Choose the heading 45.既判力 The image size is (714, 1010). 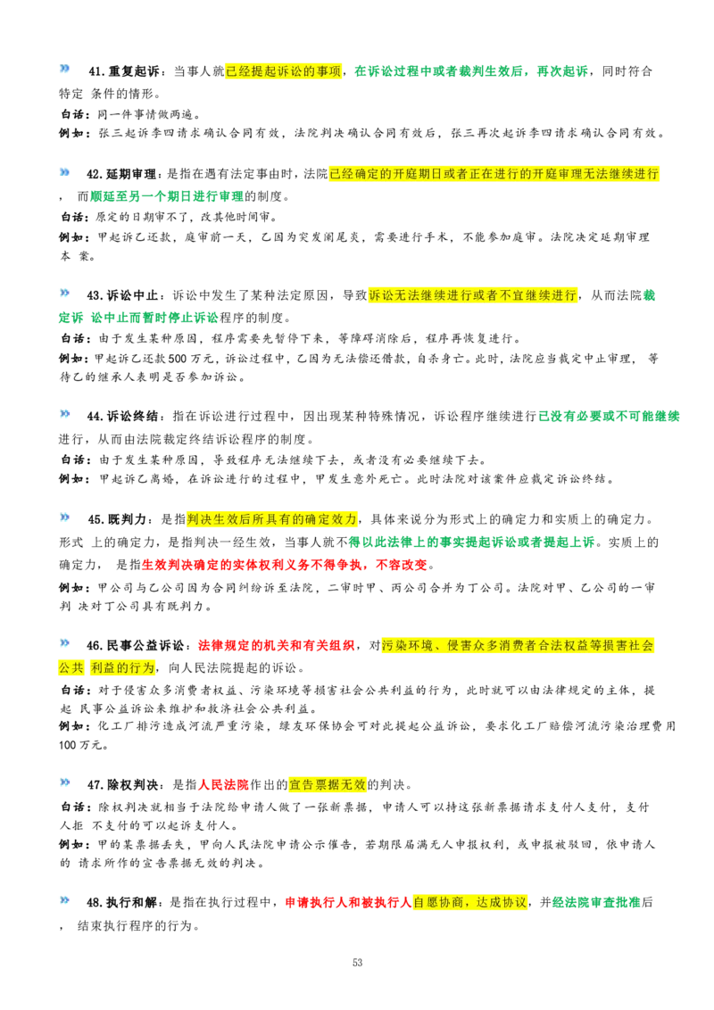[x=117, y=519]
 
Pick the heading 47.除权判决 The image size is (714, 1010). [x=123, y=784]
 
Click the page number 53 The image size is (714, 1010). [x=358, y=963]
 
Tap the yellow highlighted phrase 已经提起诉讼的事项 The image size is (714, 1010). [x=284, y=71]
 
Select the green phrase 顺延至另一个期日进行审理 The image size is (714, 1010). [x=167, y=196]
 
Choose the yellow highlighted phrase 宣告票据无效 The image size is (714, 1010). [x=328, y=784]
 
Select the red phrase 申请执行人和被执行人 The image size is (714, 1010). [x=348, y=902]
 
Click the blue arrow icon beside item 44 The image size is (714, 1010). [x=64, y=414]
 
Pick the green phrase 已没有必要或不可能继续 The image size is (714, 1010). [x=609, y=417]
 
